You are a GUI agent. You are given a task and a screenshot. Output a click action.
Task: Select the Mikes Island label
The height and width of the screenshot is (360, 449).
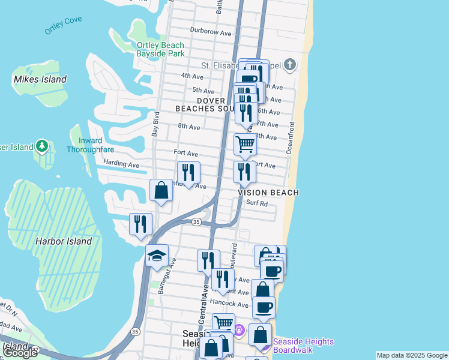click(40, 79)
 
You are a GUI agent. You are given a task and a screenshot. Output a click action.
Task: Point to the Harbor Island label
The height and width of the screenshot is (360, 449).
click(63, 241)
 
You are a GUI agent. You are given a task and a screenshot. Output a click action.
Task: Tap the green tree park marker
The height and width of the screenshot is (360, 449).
click(41, 146)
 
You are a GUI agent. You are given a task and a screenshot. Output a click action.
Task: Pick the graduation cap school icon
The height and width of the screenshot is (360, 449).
click(157, 256)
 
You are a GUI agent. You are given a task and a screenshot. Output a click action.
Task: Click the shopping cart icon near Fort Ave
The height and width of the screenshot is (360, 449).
click(245, 144)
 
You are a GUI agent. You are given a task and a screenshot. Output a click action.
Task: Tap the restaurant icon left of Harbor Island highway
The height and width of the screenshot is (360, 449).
click(141, 224)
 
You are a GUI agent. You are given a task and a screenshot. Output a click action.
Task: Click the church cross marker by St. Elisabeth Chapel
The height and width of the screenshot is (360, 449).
click(289, 65)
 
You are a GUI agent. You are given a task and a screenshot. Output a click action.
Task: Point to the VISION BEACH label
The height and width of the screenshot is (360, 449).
click(268, 193)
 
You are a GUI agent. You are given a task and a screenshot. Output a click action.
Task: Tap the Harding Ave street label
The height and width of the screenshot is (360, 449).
click(121, 164)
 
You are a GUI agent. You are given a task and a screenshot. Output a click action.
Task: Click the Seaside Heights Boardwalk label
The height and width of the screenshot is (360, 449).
click(303, 346)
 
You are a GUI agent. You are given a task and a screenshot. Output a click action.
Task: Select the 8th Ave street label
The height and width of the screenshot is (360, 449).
click(188, 127)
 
